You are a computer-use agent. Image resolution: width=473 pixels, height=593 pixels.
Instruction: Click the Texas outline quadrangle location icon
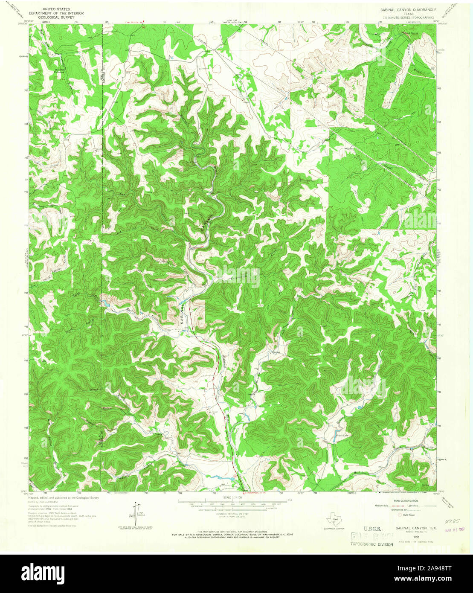tap(335, 521)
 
